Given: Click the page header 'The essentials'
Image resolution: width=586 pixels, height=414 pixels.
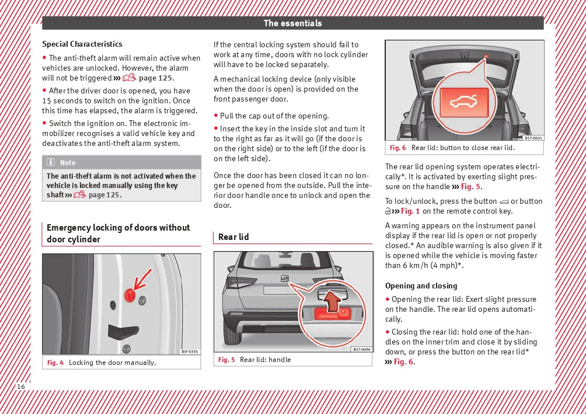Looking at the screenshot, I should [292, 23].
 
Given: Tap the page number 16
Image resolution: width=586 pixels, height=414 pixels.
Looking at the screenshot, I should [21, 387].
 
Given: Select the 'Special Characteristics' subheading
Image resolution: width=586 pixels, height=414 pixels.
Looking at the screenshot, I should [82, 44].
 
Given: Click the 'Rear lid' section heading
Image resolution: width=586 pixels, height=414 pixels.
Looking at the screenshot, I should [233, 236].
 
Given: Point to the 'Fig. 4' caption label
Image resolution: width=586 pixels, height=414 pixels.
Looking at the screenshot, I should [55, 363].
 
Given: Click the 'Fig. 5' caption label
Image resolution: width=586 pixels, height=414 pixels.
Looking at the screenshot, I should [226, 360].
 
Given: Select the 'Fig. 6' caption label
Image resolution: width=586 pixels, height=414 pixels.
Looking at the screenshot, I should [398, 148].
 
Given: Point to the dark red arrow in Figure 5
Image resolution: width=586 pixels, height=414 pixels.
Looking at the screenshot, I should [332, 302].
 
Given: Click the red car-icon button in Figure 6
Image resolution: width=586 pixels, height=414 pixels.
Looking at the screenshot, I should [463, 100].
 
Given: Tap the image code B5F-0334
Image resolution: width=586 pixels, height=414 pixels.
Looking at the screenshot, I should [189, 351].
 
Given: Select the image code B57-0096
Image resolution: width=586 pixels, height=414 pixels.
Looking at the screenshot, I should [361, 349].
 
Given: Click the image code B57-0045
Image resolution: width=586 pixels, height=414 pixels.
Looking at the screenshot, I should [533, 138].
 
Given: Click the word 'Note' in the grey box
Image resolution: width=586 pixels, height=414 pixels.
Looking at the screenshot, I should [68, 162].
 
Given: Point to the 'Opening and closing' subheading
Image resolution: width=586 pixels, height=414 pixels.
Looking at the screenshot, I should [421, 286].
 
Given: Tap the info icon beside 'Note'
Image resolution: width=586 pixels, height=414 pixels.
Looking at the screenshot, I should [51, 162].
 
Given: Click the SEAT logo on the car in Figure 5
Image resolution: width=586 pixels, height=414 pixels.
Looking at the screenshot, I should [285, 278].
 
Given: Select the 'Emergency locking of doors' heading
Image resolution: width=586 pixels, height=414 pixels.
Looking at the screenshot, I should [118, 233].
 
